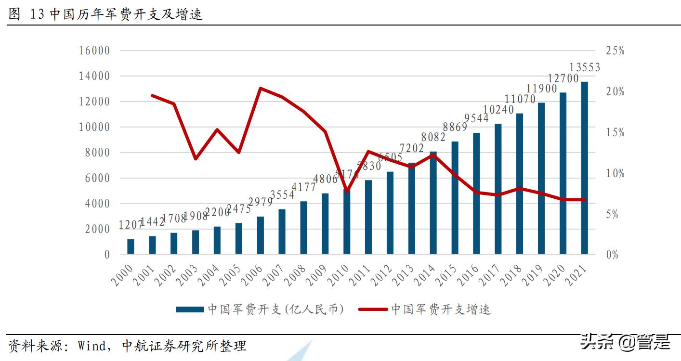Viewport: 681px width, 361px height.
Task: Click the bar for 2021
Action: point(584,168)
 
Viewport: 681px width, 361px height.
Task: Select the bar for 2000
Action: point(131,246)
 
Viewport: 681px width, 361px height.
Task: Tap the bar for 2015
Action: point(455,198)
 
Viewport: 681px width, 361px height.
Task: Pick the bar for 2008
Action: point(303,228)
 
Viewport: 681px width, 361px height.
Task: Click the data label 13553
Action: point(585,67)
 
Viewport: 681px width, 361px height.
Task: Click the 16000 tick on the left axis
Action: point(94,51)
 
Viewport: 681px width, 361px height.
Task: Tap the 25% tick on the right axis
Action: point(615,51)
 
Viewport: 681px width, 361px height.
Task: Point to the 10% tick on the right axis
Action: point(615,173)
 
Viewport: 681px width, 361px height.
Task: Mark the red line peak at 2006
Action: point(260,88)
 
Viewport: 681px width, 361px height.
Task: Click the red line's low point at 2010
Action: point(347,191)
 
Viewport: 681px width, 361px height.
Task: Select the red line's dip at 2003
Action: point(195,158)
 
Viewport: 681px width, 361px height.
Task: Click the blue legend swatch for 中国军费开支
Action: point(189,309)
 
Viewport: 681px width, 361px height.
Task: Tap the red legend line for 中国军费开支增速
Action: point(372,309)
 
